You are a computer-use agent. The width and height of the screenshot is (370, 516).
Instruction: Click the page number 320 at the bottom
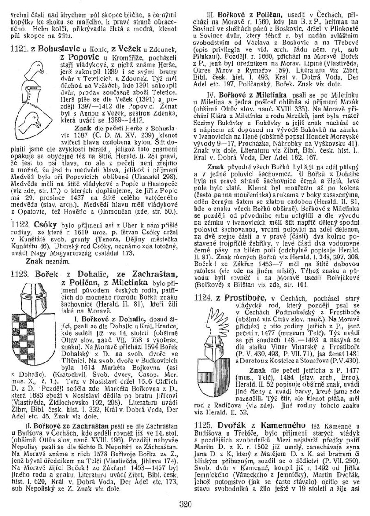coord(185,504)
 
